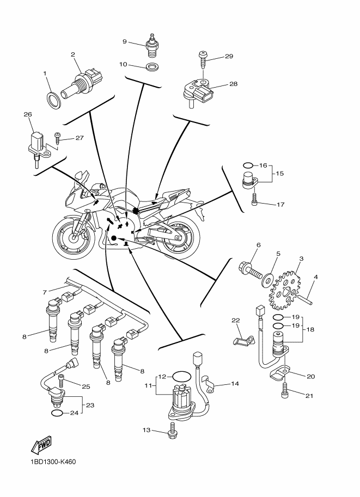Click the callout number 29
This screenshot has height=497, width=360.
229,57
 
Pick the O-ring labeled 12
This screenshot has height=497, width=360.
181,376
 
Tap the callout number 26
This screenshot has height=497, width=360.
28,115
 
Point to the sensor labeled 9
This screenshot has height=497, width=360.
151,45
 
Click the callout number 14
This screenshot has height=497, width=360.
235,384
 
